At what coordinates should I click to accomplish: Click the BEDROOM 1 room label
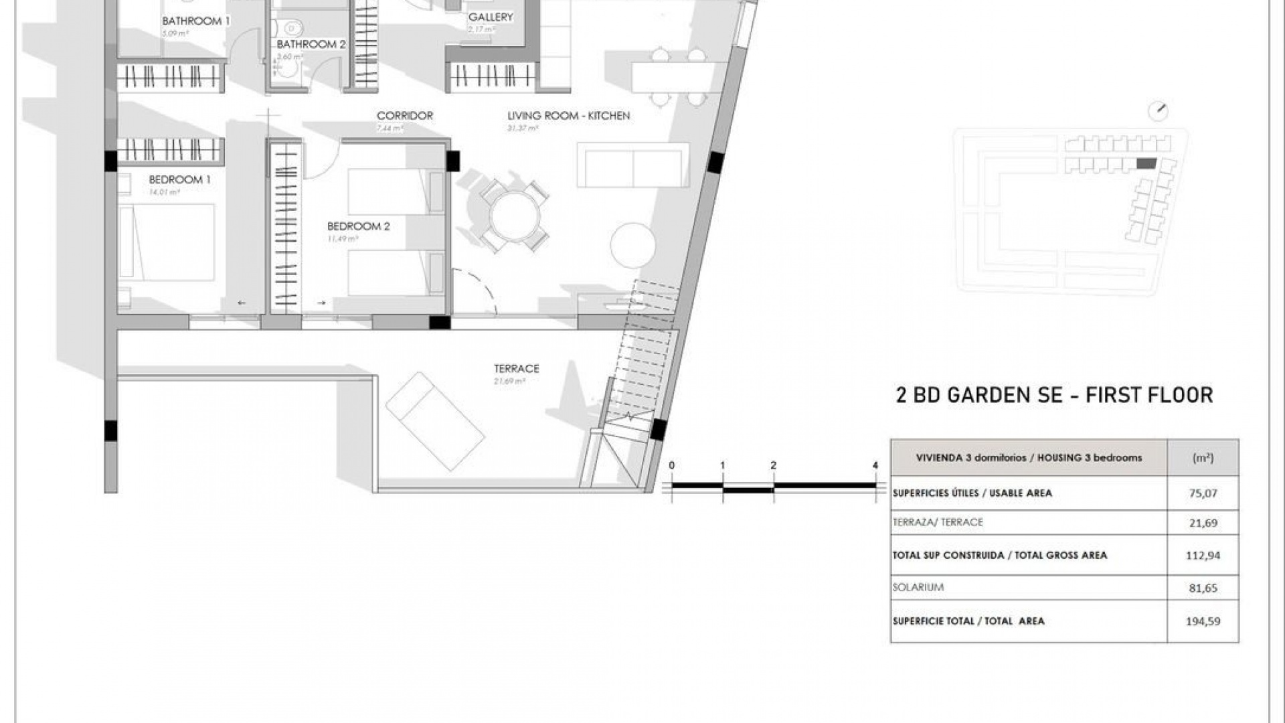coord(179,179)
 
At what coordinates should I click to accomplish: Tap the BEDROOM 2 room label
coord(358,226)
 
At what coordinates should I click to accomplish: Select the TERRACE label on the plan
coord(516,368)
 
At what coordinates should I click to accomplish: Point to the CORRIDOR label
coord(404,116)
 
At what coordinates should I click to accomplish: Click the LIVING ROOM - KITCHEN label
coord(568,116)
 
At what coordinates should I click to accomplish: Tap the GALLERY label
coord(491,17)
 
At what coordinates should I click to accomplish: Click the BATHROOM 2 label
coord(311,44)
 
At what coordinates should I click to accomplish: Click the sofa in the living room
coord(633,168)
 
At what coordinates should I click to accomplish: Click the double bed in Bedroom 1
coord(167,242)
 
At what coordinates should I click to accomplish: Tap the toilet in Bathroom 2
coord(292,28)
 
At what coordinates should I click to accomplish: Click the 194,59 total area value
coord(1203,621)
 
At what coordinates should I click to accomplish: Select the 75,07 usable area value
coord(1203,493)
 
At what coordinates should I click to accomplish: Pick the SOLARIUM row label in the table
coord(918,587)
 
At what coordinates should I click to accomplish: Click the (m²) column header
coord(1203,458)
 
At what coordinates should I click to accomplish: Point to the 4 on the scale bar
coord(875,465)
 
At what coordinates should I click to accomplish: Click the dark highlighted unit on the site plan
coord(1146,163)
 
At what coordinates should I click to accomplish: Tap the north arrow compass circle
coord(1158,112)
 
